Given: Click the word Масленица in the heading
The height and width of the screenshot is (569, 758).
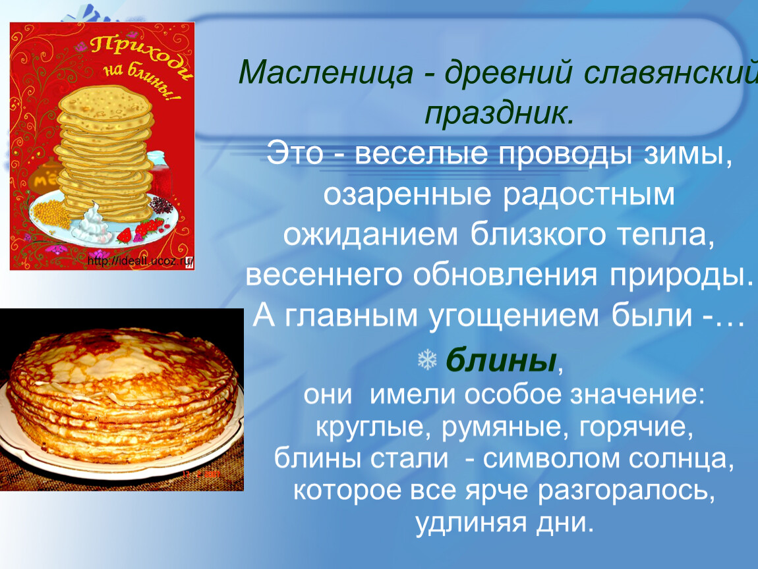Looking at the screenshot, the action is pyautogui.click(x=326, y=73).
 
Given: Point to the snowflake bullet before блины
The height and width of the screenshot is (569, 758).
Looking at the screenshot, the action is pyautogui.click(x=427, y=360).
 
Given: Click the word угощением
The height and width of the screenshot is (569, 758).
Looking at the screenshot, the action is pyautogui.click(x=513, y=316).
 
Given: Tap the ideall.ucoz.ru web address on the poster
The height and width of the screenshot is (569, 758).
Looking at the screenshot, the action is pyautogui.click(x=140, y=262).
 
